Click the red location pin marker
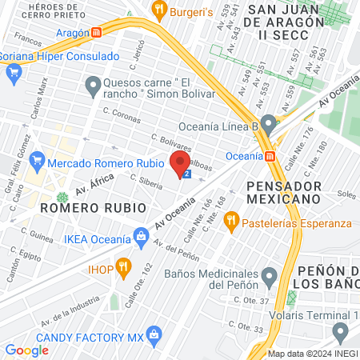(x=179, y=162)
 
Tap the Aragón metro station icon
(x=97, y=33)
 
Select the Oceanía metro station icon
(x=270, y=155)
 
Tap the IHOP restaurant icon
(x=123, y=266)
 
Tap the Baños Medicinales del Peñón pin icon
(x=270, y=277)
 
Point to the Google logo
(x=27, y=350)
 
